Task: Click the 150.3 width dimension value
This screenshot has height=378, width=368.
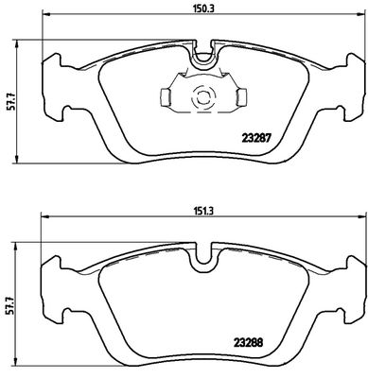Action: [x=200, y=9]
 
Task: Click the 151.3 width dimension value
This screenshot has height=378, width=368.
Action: [x=199, y=211]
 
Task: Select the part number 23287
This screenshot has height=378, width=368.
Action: [x=255, y=138]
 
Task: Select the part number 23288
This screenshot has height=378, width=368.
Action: [x=248, y=342]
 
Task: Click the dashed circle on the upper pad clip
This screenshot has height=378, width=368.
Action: [x=203, y=96]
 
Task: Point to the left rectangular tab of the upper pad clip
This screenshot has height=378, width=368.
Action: [x=166, y=96]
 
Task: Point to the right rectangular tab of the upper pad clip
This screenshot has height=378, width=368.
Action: [x=241, y=96]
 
